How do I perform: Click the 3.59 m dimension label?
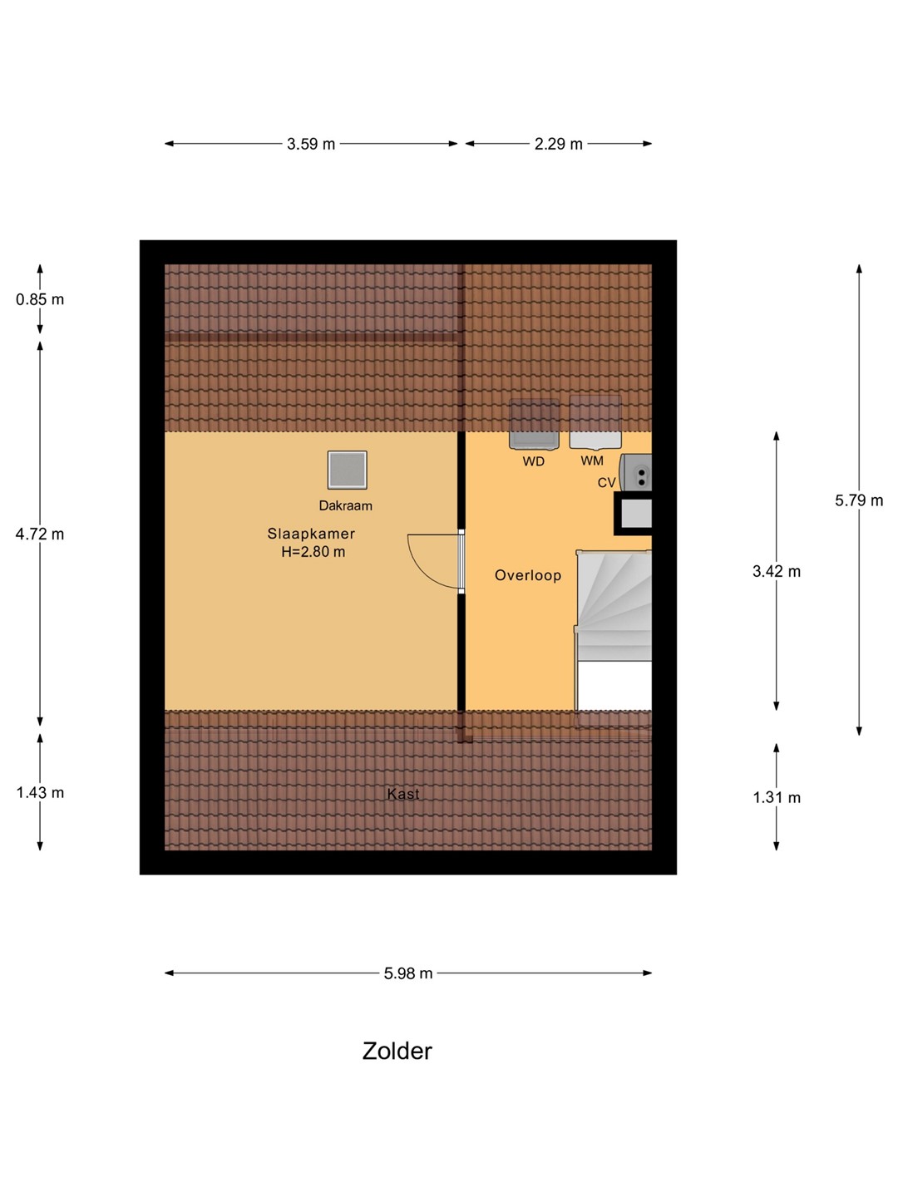click(x=311, y=145)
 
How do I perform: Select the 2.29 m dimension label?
click(x=558, y=145)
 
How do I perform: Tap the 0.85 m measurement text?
click(x=40, y=299)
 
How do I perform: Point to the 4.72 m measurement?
click(x=40, y=534)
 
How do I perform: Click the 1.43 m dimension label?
click(x=40, y=792)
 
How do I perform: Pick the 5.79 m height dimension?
click(x=859, y=500)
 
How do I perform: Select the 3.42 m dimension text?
click(x=777, y=572)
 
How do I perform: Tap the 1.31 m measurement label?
click(x=777, y=798)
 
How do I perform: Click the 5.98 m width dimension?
click(x=407, y=973)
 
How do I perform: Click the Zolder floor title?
click(x=397, y=1051)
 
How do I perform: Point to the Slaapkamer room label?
click(x=311, y=534)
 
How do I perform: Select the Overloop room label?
click(x=528, y=575)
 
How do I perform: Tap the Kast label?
click(x=403, y=794)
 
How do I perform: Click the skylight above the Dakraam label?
click(x=347, y=470)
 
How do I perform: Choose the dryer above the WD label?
click(x=534, y=424)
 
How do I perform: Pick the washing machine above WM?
click(x=595, y=422)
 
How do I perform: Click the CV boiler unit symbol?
click(x=636, y=472)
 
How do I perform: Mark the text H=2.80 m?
click(x=313, y=552)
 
